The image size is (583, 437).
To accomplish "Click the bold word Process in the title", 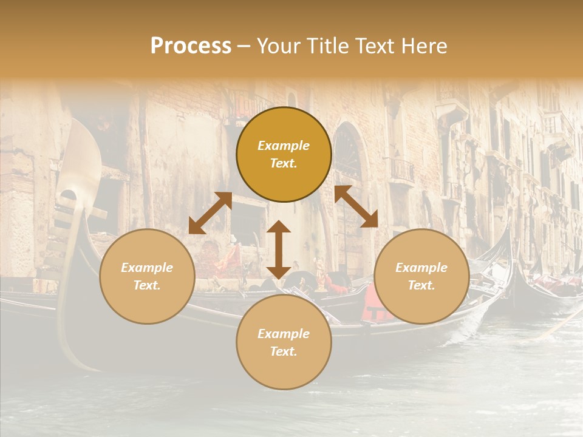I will [x=191, y=46].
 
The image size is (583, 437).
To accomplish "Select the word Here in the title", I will [x=425, y=46].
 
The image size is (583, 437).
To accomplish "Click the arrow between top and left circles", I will [x=210, y=212].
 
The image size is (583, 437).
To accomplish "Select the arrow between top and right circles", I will [x=356, y=206].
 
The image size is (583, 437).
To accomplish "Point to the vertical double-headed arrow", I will [x=279, y=249].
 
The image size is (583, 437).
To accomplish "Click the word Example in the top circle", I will [x=284, y=146].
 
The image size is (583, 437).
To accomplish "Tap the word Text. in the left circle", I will [x=147, y=285].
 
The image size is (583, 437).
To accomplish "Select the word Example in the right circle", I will [x=421, y=268].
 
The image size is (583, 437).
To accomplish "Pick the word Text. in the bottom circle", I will [x=284, y=351].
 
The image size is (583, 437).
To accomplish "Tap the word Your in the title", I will [x=276, y=46].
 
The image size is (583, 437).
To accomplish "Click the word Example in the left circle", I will [x=147, y=268].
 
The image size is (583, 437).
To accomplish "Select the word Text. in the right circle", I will [x=421, y=285].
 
